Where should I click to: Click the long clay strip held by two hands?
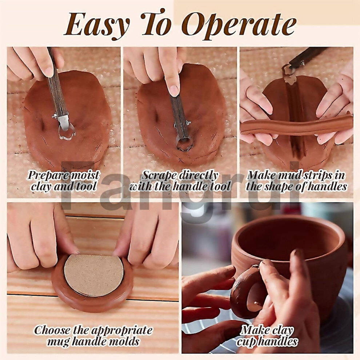(296, 127)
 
